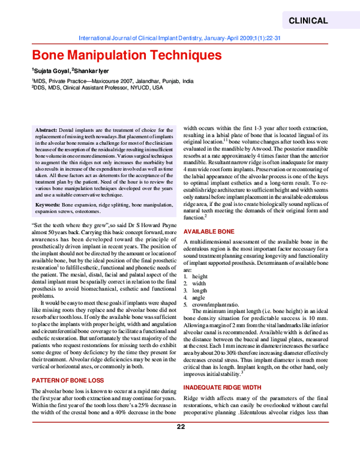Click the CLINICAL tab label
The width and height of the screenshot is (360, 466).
(x=308, y=20)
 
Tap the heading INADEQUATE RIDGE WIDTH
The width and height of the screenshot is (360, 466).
(x=223, y=388)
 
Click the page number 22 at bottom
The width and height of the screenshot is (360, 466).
(x=181, y=444)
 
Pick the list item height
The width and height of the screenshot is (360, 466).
(x=199, y=276)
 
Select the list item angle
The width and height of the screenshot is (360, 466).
(x=199, y=298)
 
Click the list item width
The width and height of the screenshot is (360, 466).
(x=199, y=283)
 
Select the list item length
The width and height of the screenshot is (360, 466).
(x=199, y=291)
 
